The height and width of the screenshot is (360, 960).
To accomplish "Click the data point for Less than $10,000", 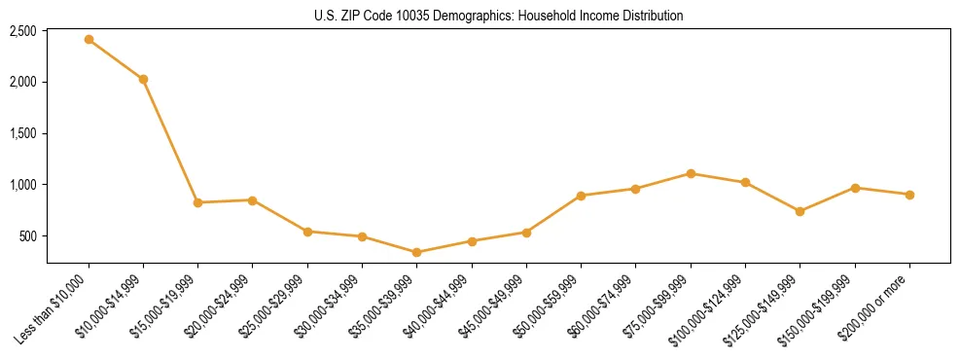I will coord(89,40).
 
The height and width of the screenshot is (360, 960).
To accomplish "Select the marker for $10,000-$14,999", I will coord(143,79).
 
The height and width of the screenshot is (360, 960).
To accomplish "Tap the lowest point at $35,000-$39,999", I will coord(416,252).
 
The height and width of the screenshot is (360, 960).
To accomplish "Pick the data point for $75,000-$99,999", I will coord(691,173).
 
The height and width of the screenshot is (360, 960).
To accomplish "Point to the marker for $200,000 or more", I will coord(909,195).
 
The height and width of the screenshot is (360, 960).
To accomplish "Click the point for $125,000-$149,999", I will coord(800,211).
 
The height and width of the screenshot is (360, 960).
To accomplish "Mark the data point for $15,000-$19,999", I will coord(197,202).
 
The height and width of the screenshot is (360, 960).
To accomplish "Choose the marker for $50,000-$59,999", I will coord(581,196).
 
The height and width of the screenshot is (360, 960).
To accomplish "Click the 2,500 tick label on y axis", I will coord(23,31).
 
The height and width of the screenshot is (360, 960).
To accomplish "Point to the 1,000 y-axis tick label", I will coord(23,185).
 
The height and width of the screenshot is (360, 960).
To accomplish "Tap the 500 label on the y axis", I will coord(28,236).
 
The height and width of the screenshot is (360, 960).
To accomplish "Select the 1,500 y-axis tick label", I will coord(23,133).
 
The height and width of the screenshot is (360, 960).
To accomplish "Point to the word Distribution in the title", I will coord(649,16).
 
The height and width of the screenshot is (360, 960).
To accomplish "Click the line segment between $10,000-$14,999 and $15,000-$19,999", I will coord(170,141).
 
